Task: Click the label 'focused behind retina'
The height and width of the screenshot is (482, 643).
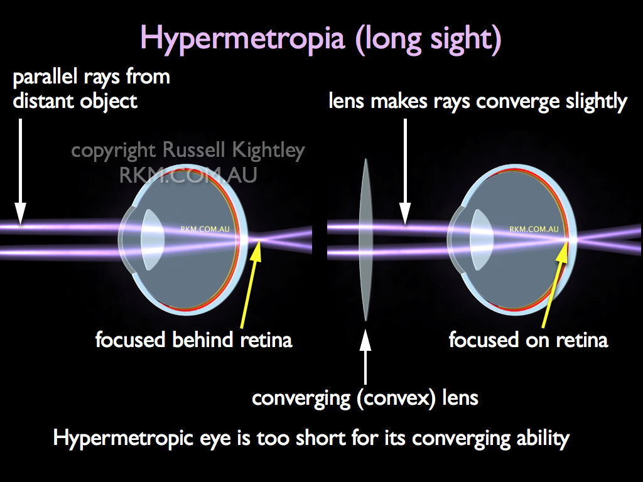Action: [x=194, y=340]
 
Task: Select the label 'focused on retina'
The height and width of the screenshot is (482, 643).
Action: [x=529, y=340]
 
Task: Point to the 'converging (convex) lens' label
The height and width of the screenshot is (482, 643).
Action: [x=365, y=398]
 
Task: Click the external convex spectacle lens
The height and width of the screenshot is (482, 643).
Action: [x=365, y=240]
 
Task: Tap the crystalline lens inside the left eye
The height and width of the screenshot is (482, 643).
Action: [x=153, y=240]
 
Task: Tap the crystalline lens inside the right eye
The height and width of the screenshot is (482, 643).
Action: [x=482, y=240]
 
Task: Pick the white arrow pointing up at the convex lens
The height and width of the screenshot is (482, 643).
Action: [x=365, y=356]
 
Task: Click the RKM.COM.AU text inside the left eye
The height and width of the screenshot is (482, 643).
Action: [x=205, y=229]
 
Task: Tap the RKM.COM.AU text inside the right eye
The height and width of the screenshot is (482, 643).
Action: [x=534, y=229]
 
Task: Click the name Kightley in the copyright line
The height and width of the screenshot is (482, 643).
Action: [x=269, y=151]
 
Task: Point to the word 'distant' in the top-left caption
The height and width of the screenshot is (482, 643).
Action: [x=44, y=101]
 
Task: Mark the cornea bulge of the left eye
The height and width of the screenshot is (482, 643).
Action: [x=125, y=240]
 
